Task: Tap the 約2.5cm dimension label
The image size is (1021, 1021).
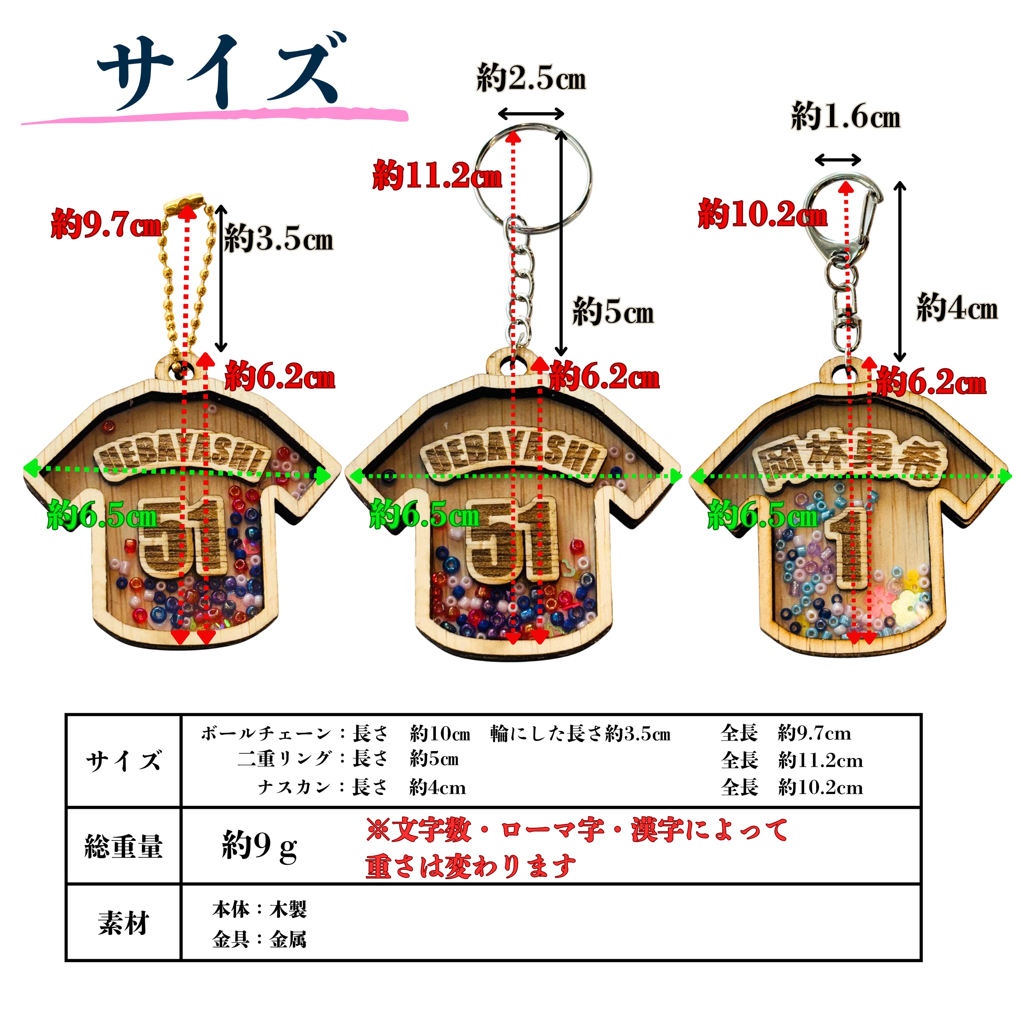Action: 531,78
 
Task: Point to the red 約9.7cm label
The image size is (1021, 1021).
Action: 106,224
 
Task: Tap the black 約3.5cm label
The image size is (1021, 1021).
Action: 279,239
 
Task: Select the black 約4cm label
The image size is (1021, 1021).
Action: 956,307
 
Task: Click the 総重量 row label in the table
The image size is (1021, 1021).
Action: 123,846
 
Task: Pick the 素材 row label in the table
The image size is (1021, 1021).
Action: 123,923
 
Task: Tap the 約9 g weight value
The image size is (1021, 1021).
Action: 259,846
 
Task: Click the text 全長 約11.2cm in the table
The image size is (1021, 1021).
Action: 791,760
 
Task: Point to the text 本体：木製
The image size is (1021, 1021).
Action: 259,909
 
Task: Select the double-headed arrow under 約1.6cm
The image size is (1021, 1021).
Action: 837,160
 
